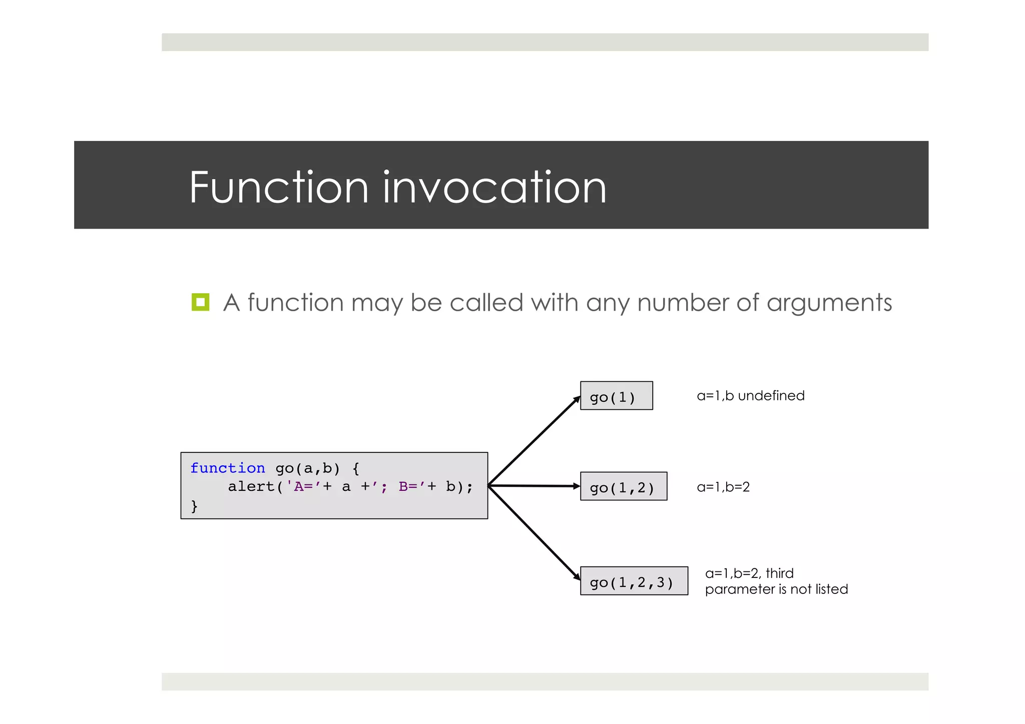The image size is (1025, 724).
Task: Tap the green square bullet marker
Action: [x=200, y=302]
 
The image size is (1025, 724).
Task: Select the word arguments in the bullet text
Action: [x=829, y=303]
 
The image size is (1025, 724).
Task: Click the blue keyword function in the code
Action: [x=228, y=468]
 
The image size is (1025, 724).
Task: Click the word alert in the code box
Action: [x=251, y=487]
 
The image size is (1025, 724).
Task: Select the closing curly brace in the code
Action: [x=194, y=506]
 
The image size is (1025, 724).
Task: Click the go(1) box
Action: [x=616, y=396]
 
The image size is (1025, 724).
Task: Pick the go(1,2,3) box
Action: [x=634, y=581]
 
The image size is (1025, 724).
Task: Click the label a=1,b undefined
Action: [x=750, y=396]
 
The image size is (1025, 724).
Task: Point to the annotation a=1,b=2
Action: [x=723, y=487]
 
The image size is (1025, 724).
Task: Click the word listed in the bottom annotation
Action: [x=831, y=589]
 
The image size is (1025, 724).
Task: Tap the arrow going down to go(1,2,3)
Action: [x=535, y=533]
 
